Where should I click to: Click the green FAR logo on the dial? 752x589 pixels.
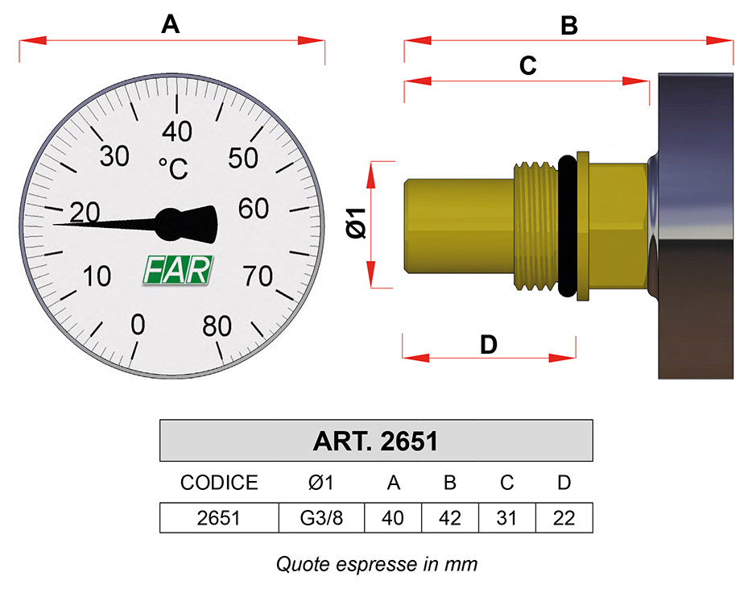point(178,270)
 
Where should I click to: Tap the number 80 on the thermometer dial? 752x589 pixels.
point(217,326)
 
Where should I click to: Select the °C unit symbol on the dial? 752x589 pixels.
point(174,168)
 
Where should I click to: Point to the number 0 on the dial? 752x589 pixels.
point(138,325)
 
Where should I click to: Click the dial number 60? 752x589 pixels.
point(254,209)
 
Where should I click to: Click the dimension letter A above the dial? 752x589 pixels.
point(170,24)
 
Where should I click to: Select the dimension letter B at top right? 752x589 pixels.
point(569,26)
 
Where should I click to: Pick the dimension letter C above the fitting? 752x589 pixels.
point(527,66)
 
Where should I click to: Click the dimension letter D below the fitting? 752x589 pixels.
point(489,345)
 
